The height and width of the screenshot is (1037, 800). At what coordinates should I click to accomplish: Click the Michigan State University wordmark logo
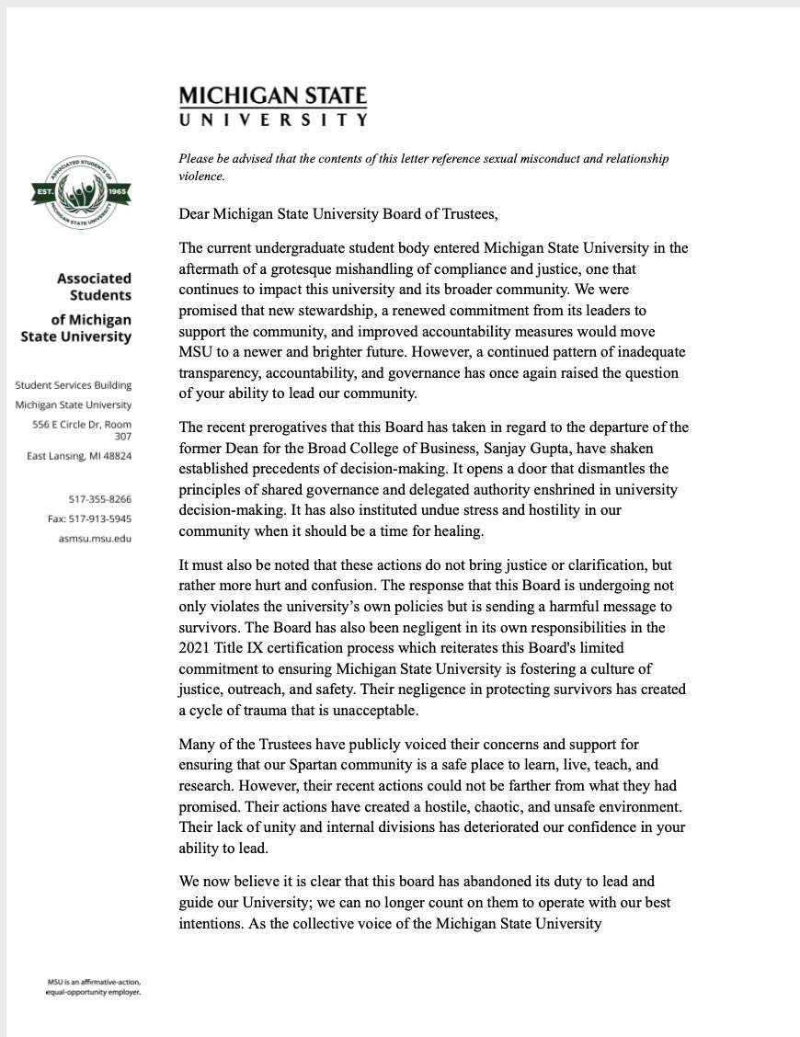(x=273, y=106)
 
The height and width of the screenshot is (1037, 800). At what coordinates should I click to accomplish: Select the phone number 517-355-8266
(x=99, y=499)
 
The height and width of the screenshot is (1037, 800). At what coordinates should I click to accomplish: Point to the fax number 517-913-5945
(x=90, y=518)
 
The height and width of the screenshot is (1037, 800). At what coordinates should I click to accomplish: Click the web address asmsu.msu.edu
(x=94, y=538)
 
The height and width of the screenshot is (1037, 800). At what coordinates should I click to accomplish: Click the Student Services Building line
(x=74, y=385)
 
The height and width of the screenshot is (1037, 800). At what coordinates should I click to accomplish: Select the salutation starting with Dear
(x=338, y=215)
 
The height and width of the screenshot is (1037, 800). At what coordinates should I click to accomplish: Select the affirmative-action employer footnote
(x=94, y=987)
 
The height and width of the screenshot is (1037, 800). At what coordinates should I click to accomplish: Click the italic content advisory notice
(x=423, y=166)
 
